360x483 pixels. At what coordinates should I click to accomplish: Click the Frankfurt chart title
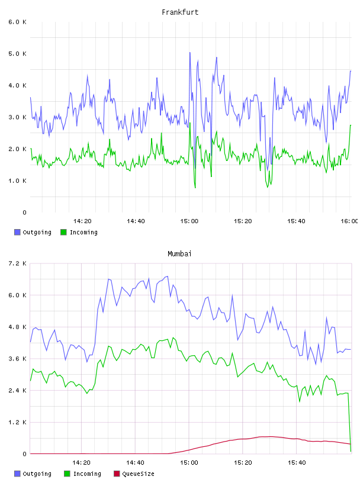180,12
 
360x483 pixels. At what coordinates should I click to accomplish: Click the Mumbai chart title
179,254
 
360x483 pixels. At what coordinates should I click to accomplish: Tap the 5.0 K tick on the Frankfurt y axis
17,54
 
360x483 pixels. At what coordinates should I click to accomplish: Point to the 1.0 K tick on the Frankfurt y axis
17,181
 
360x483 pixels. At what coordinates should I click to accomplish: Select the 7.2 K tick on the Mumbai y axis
17,263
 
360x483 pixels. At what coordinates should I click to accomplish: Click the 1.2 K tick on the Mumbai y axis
17,422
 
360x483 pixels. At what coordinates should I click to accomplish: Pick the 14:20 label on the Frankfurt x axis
82,221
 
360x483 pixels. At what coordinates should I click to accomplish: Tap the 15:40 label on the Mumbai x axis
297,463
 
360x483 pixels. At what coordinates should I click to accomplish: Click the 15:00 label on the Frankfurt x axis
189,221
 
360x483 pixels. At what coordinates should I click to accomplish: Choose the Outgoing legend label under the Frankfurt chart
37,232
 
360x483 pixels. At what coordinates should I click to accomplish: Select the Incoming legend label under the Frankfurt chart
83,232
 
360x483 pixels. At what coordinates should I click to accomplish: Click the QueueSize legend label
138,474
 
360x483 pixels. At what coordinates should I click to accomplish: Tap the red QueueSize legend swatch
117,474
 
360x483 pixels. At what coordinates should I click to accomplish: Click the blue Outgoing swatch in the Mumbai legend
17,474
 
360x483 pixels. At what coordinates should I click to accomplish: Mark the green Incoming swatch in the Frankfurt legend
63,232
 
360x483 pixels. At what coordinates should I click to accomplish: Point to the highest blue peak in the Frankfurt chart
190,53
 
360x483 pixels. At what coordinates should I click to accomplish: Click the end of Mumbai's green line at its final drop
351,451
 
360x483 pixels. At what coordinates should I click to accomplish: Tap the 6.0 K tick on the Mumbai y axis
17,295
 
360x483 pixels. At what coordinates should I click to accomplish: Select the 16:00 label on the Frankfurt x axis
349,221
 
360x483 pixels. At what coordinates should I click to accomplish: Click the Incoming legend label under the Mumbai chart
87,474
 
